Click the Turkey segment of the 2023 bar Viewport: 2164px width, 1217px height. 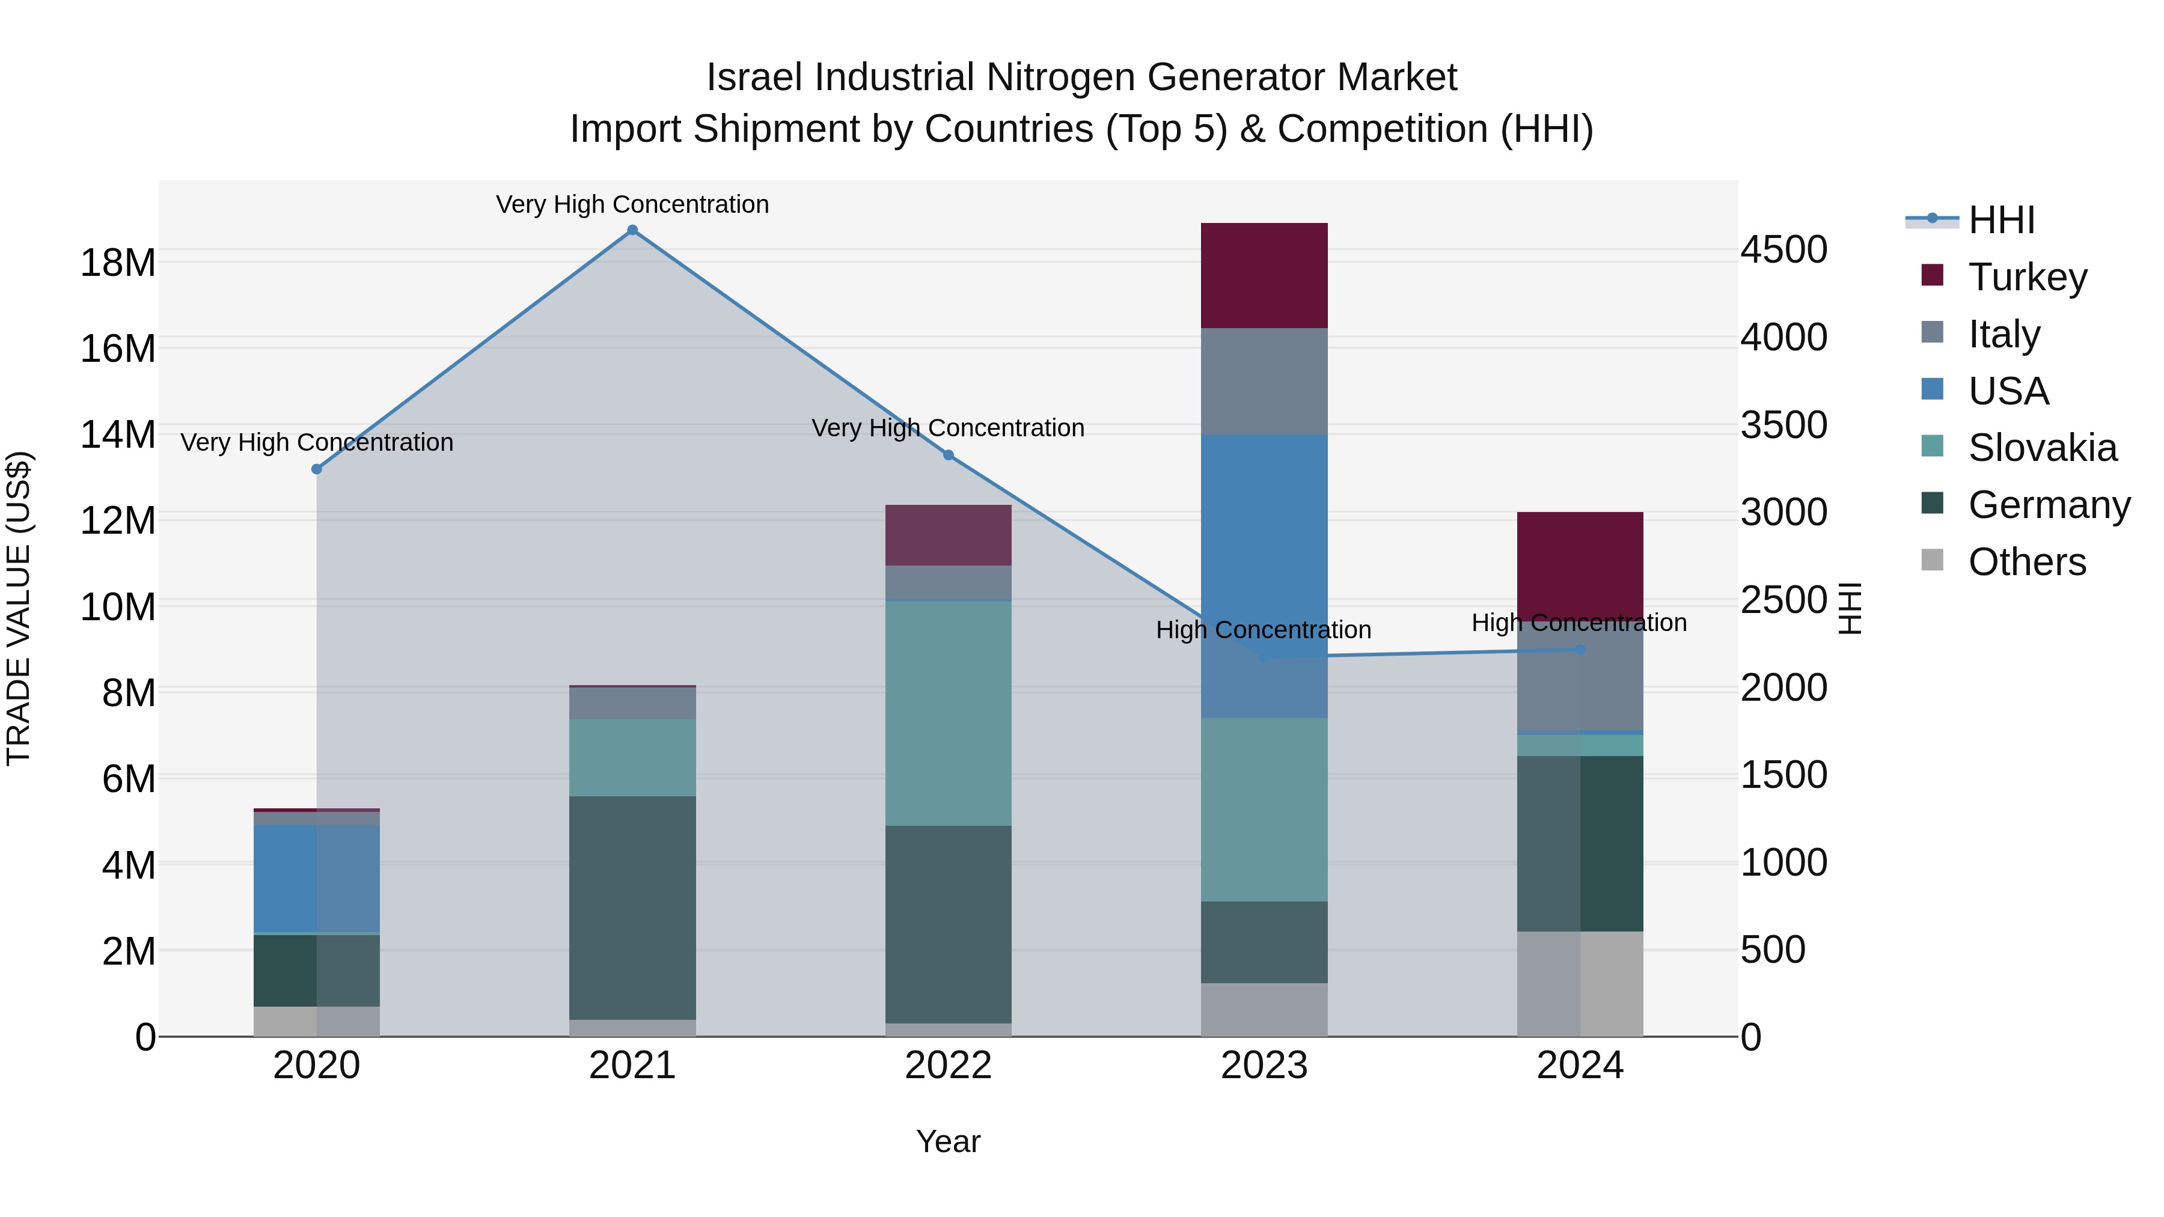(x=1264, y=275)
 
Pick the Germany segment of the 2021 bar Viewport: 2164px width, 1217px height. (x=632, y=907)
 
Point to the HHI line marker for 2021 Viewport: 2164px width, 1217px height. (x=632, y=230)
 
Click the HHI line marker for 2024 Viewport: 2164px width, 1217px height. (x=1579, y=649)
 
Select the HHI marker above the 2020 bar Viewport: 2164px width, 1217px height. (x=317, y=469)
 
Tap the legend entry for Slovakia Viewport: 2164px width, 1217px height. (x=2041, y=448)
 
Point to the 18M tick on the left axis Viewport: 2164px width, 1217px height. (x=118, y=263)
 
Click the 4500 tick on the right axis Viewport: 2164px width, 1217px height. (x=1783, y=249)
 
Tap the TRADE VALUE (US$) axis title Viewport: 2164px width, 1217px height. (x=19, y=608)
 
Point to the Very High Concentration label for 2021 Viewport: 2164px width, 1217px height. (x=632, y=204)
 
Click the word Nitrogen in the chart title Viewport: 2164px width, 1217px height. (x=1062, y=78)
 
